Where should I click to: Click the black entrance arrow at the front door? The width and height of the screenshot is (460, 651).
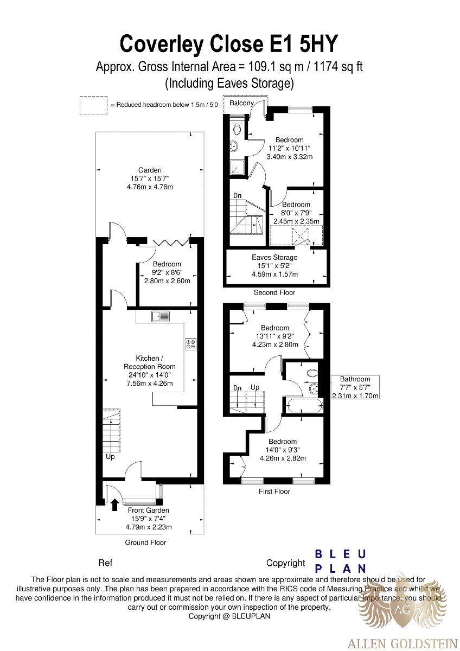[115, 505]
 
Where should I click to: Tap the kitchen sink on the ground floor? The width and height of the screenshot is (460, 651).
[161, 316]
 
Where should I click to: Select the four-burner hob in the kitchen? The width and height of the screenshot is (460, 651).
[191, 344]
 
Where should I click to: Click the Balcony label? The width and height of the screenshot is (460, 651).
[241, 103]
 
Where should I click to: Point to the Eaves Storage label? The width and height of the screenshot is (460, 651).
[274, 257]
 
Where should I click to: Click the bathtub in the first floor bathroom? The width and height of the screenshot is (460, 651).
[304, 405]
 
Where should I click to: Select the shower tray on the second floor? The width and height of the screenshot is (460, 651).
[238, 168]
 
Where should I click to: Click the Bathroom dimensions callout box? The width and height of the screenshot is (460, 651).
[355, 387]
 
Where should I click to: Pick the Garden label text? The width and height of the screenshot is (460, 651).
[150, 170]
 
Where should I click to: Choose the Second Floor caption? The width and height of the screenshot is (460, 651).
[274, 292]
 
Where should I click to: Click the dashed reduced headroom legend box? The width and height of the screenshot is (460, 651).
[93, 105]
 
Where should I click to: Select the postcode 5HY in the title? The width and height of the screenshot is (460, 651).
[318, 43]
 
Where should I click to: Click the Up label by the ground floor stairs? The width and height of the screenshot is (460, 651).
[110, 457]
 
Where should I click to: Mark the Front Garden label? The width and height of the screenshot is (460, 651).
[149, 510]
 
